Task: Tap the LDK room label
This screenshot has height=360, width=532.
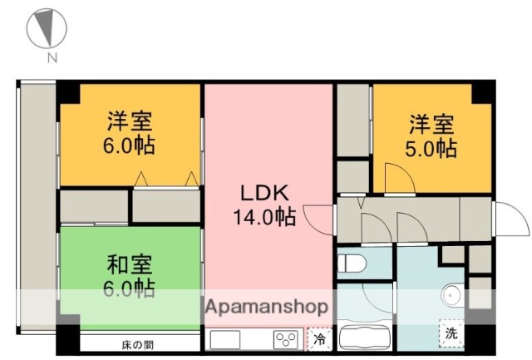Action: pos(264,193)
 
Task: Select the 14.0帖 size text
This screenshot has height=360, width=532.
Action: pos(264,218)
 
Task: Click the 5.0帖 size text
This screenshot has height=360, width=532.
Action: pos(431,150)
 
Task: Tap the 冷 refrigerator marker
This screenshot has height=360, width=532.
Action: pos(319,339)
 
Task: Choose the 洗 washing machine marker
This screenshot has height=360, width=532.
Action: pos(451,333)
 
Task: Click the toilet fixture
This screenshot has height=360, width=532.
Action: pos(352,264)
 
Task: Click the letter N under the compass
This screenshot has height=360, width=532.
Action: pos(52,57)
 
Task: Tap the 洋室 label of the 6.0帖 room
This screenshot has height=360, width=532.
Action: pos(130,121)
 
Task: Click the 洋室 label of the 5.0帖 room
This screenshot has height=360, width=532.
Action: pos(431,126)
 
